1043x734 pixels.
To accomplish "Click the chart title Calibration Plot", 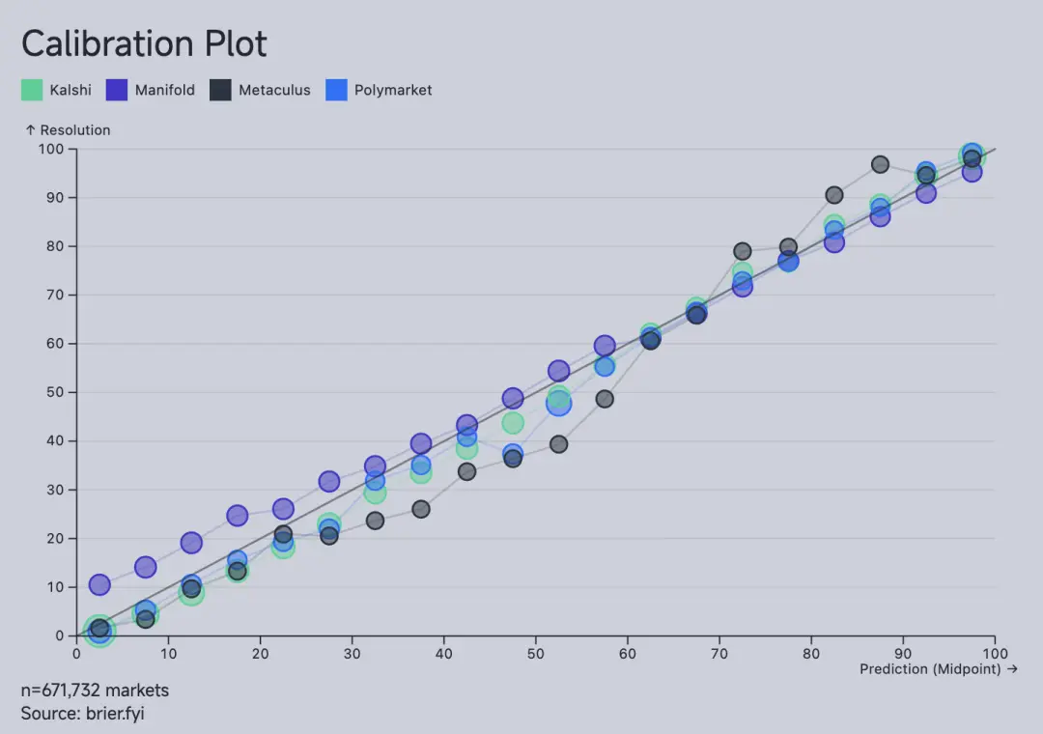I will pyautogui.click(x=144, y=44).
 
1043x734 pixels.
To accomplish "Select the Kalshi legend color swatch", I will pyautogui.click(x=32, y=90).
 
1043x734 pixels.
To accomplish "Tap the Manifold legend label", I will pyautogui.click(x=164, y=90).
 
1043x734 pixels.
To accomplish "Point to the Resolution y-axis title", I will pyautogui.click(x=68, y=130).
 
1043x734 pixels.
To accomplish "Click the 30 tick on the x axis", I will pyautogui.click(x=352, y=653).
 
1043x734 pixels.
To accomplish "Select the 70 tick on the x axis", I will pyautogui.click(x=719, y=653).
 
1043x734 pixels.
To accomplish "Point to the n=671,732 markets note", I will pyautogui.click(x=95, y=691).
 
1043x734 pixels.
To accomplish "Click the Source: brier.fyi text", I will pyautogui.click(x=82, y=714).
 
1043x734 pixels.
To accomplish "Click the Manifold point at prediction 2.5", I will pyautogui.click(x=99, y=584).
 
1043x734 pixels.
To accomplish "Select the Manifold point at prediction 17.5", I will pyautogui.click(x=238, y=516).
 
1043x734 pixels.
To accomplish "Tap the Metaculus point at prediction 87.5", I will pyautogui.click(x=880, y=164).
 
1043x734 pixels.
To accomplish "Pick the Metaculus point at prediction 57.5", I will pyautogui.click(x=605, y=399).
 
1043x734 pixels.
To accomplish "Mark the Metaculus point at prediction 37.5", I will pyautogui.click(x=421, y=509).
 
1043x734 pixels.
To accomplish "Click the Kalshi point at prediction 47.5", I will pyautogui.click(x=513, y=423).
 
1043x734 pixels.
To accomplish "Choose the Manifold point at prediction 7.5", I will pyautogui.click(x=146, y=567).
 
